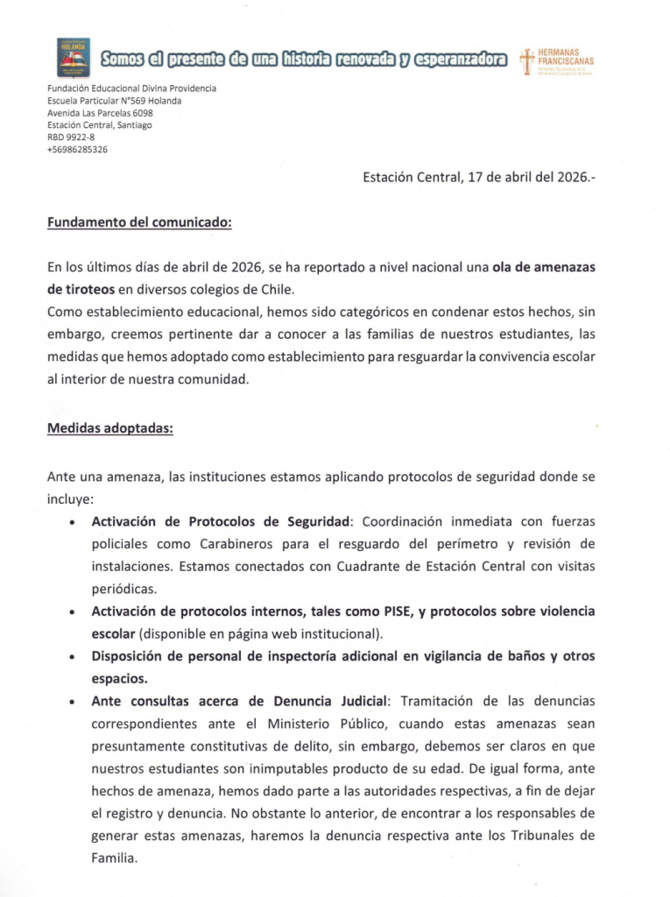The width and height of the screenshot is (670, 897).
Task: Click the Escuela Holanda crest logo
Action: [73, 57]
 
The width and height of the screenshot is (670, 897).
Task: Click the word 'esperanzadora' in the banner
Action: [462, 59]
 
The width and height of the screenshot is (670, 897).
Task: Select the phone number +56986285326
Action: [77, 150]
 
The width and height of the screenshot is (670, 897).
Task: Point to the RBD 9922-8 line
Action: [71, 138]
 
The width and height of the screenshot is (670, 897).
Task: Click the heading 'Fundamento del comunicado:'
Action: [139, 222]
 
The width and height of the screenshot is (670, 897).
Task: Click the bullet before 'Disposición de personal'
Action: [70, 657]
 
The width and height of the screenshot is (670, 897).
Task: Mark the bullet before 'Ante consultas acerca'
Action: [70, 703]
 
